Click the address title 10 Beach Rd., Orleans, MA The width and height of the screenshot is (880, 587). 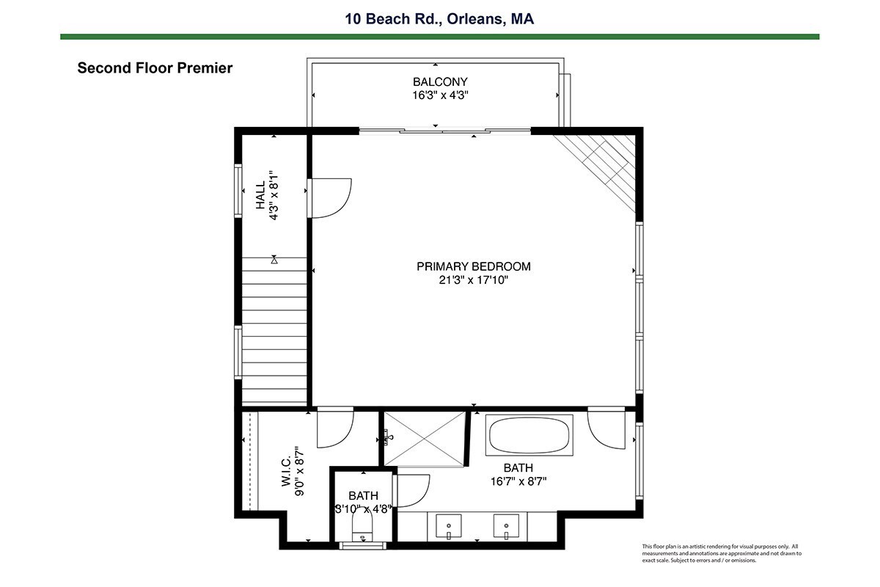click(439, 19)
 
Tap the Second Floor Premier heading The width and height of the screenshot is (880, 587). click(155, 68)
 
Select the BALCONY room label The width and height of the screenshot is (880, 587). click(440, 81)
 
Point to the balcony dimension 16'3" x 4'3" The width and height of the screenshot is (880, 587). click(440, 95)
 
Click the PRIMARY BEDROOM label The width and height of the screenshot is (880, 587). click(474, 266)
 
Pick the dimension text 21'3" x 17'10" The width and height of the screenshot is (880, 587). click(474, 280)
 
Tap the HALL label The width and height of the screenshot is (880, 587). click(260, 195)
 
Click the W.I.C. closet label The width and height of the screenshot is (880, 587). click(286, 471)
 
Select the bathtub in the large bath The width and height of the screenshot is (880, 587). click(529, 435)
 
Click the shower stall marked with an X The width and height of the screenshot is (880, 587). click(425, 438)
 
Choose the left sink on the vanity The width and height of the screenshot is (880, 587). click(449, 526)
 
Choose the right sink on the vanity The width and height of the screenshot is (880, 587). click(506, 526)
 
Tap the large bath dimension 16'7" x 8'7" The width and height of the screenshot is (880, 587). click(518, 481)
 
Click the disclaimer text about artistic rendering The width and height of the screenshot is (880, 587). click(722, 553)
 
